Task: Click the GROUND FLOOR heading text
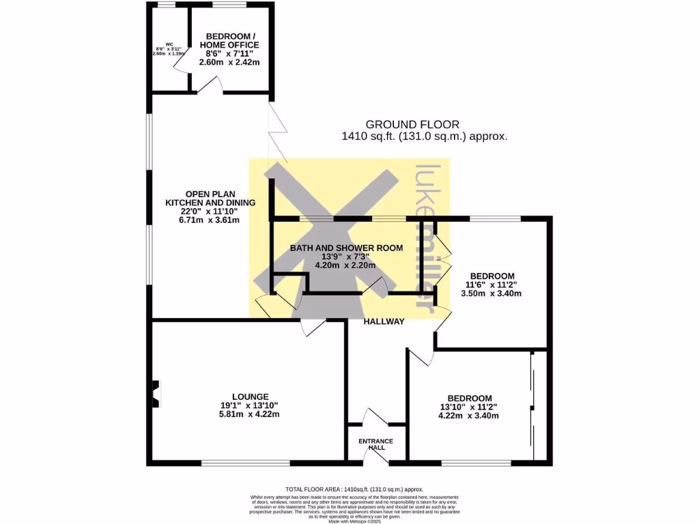click(x=412, y=124)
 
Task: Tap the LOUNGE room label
click(x=250, y=396)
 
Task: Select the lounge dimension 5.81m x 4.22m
click(x=250, y=414)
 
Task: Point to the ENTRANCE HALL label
click(x=376, y=444)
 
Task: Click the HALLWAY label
click(x=384, y=321)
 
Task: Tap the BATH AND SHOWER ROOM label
click(x=345, y=248)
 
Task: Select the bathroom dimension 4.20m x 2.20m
click(x=345, y=267)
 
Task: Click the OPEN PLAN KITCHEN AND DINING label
click(x=210, y=198)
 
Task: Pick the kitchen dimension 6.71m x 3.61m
click(x=210, y=220)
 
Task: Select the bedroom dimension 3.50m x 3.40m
click(x=494, y=294)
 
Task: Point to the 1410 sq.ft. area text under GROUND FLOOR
click(x=424, y=136)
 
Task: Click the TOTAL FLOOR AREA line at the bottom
click(x=354, y=489)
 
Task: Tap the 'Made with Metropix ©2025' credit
click(x=354, y=521)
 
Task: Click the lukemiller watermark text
click(x=426, y=239)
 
